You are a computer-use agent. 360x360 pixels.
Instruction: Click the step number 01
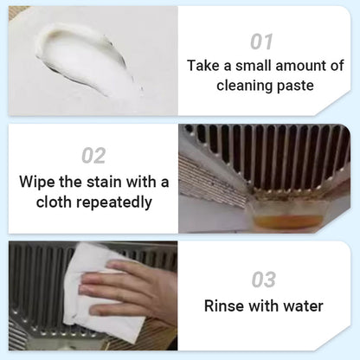[261, 41]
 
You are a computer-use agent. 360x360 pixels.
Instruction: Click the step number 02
[93, 156]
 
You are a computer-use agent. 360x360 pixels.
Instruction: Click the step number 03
[263, 279]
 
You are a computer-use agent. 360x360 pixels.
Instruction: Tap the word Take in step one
[203, 66]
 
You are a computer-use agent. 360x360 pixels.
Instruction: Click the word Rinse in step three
[222, 305]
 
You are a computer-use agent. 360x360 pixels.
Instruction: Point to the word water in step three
[302, 305]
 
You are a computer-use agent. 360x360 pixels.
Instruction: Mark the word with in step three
[261, 305]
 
